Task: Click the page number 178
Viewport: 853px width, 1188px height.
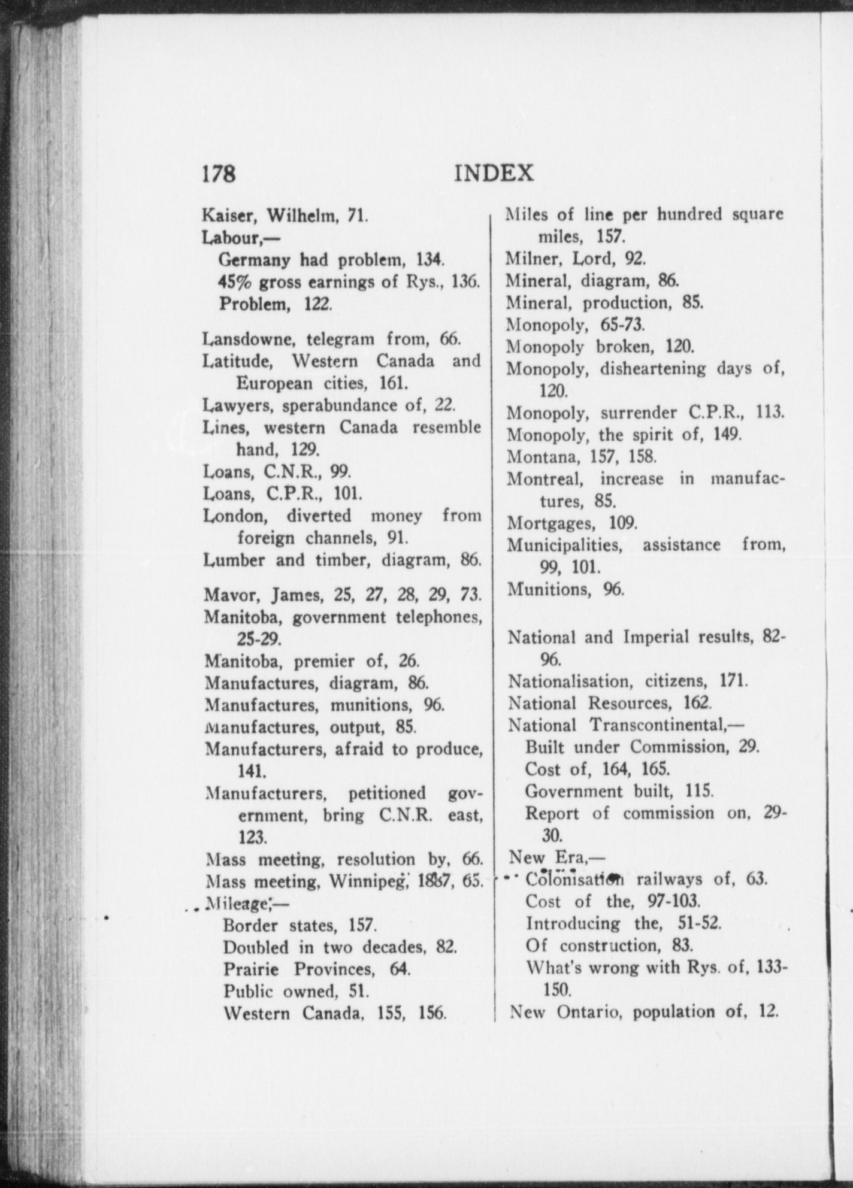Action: click(x=219, y=174)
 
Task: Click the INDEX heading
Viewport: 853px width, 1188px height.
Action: click(x=495, y=173)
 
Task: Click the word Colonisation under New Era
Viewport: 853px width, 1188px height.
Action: click(x=576, y=880)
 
